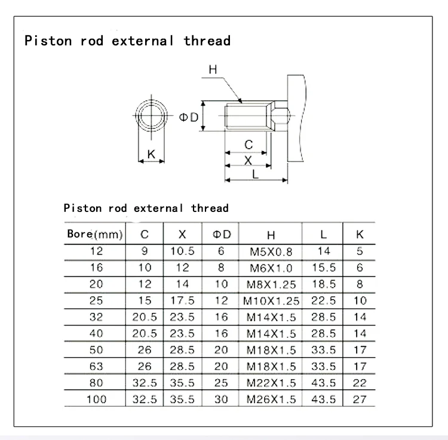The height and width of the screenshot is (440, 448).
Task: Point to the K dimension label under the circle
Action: click(151, 154)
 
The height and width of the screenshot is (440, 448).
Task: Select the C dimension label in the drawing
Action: click(249, 145)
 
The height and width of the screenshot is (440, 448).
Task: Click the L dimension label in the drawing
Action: click(256, 174)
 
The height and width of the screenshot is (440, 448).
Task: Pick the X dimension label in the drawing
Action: click(248, 160)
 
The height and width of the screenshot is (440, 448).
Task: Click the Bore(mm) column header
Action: click(94, 235)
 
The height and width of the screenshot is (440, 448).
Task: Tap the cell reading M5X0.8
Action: click(271, 252)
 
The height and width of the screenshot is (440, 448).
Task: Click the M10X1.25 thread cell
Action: click(271, 301)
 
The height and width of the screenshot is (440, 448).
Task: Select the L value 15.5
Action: click(324, 268)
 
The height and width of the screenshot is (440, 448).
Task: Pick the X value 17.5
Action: click(183, 300)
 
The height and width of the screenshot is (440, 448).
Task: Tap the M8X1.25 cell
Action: click(271, 285)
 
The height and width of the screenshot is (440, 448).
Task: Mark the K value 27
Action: click(359, 399)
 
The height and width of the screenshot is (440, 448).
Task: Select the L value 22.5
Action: click(324, 300)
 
